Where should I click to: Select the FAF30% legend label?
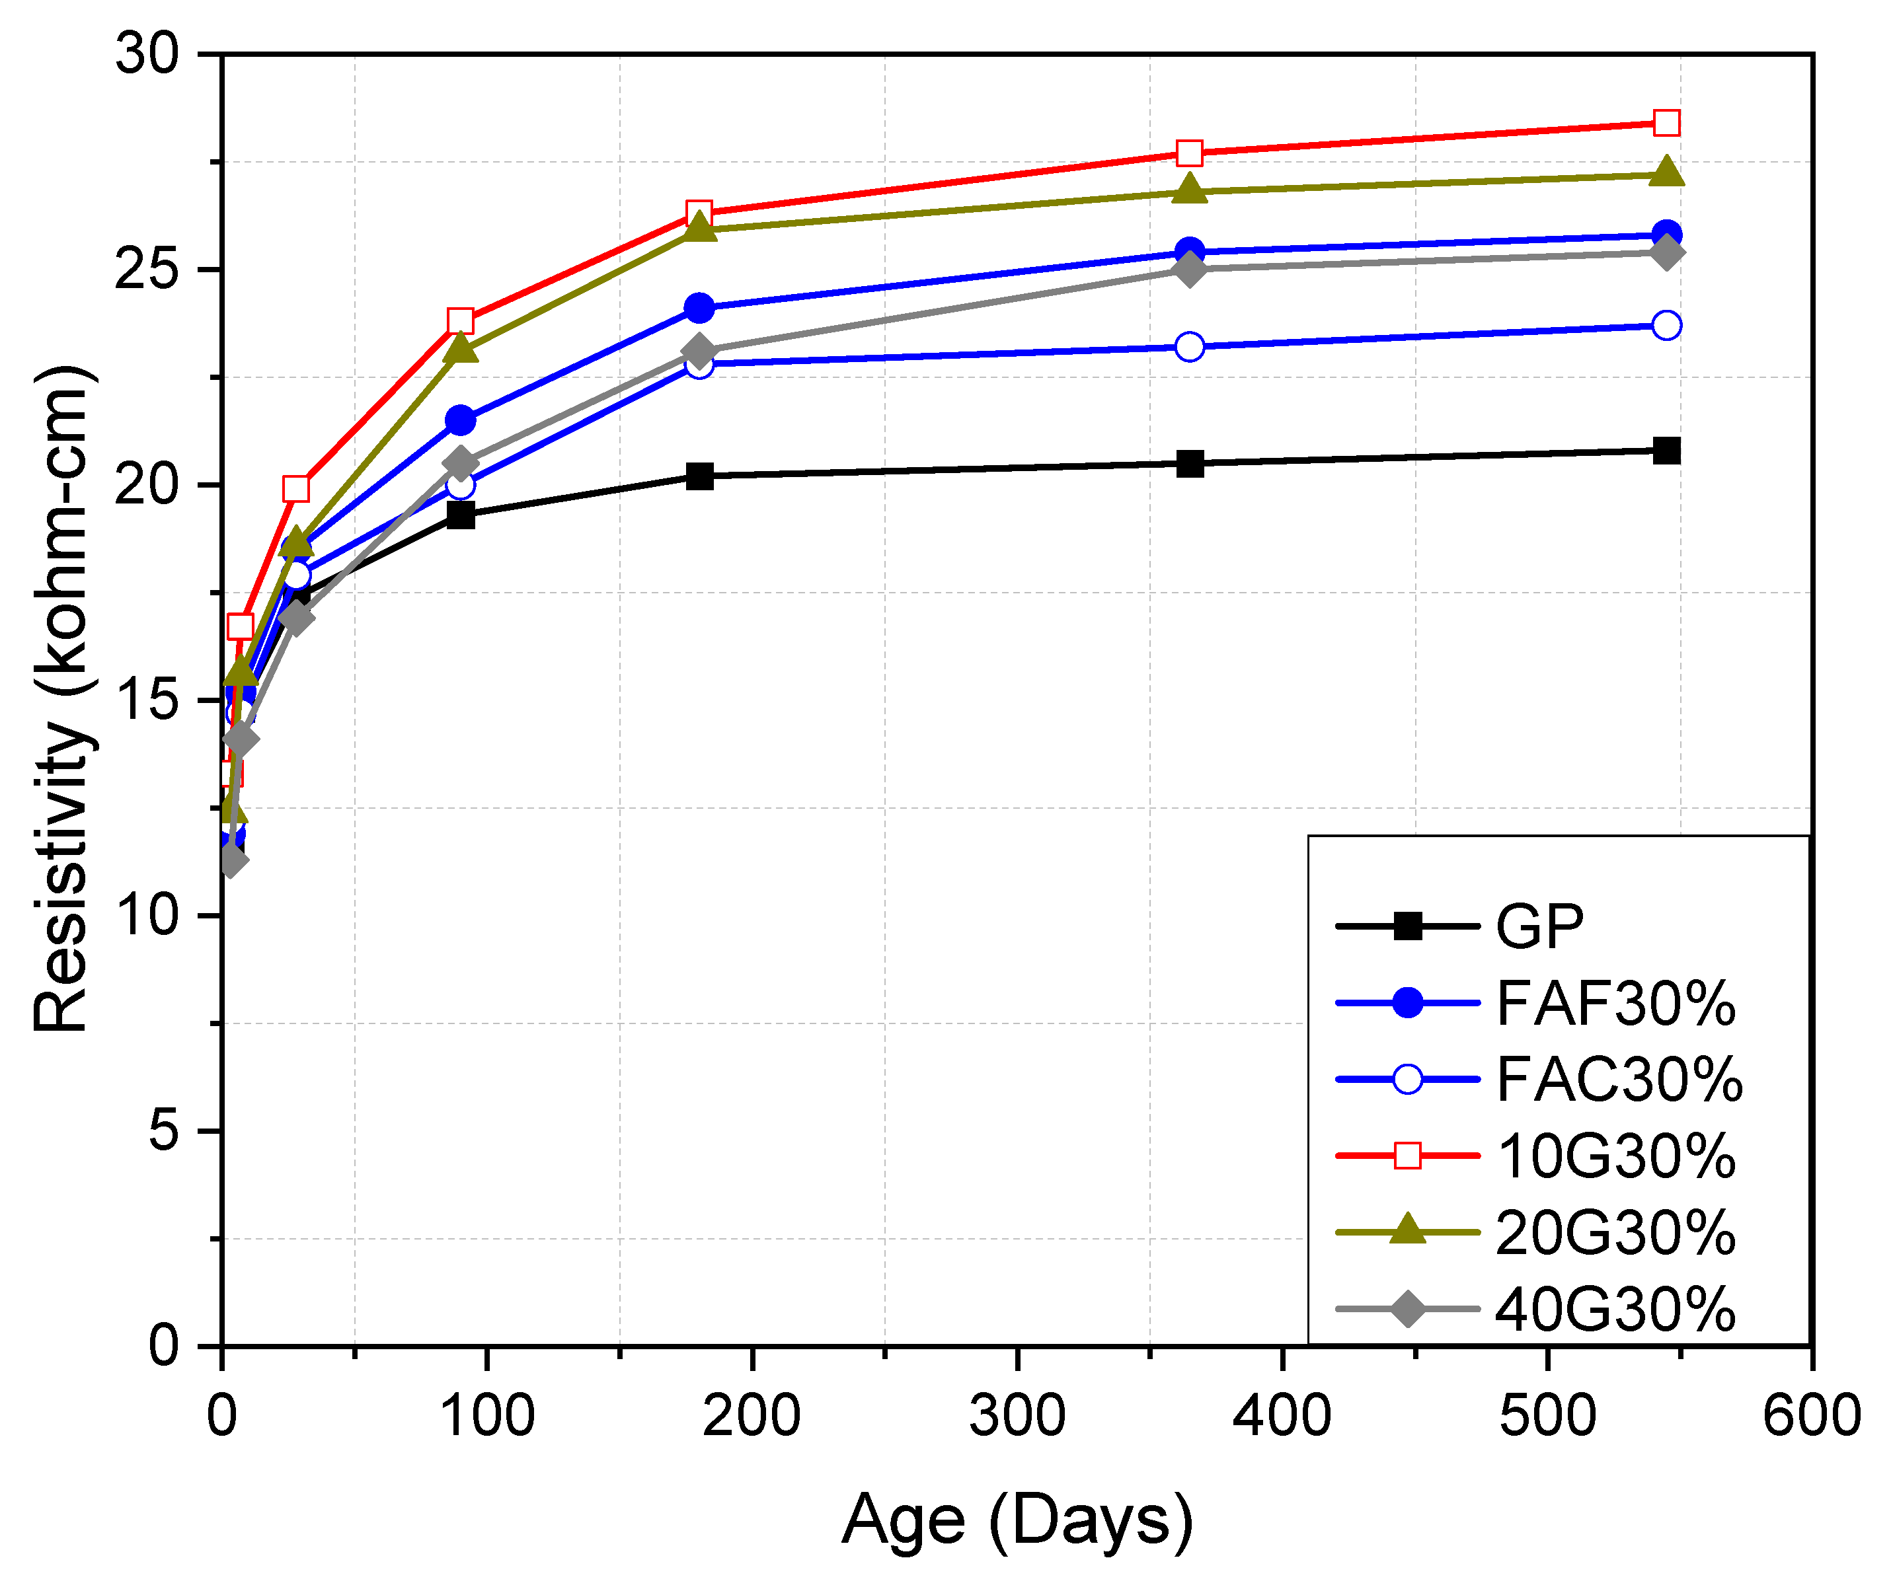pyautogui.click(x=1615, y=1003)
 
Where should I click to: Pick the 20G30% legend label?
pyautogui.click(x=1615, y=1233)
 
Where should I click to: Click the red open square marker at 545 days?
pyautogui.click(x=1666, y=123)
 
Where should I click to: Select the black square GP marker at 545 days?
pyautogui.click(x=1666, y=451)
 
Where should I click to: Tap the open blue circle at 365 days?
pyautogui.click(x=1190, y=347)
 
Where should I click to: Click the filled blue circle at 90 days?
pyautogui.click(x=461, y=420)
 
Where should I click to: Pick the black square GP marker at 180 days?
pyautogui.click(x=699, y=476)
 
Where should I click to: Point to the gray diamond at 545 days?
pyautogui.click(x=1666, y=252)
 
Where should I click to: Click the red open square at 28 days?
pyautogui.click(x=296, y=488)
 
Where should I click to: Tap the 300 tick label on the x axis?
pyautogui.click(x=1017, y=1415)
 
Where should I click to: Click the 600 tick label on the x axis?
pyautogui.click(x=1811, y=1415)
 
